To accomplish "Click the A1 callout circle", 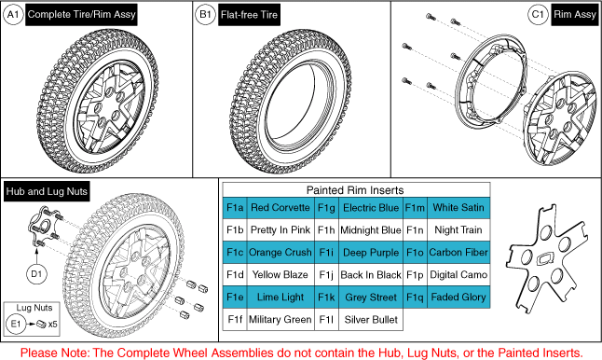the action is [x=13, y=15].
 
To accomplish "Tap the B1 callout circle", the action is [x=205, y=15].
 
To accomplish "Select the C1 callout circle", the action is [x=538, y=15].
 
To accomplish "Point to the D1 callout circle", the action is [x=36, y=274].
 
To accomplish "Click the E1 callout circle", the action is [x=16, y=324].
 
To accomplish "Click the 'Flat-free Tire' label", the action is [x=249, y=15].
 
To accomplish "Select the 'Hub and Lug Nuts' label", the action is [x=47, y=191].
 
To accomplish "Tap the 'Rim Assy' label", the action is [x=575, y=15].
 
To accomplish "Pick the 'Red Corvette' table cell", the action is [x=280, y=208].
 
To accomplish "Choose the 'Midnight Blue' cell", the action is [x=371, y=230].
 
